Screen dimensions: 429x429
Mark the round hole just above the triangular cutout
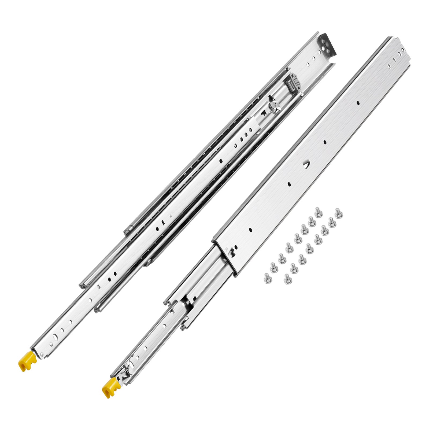tap(324, 142)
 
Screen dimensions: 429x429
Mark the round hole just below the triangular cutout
tap(289, 184)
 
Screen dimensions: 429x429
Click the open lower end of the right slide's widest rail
tap(225, 255)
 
